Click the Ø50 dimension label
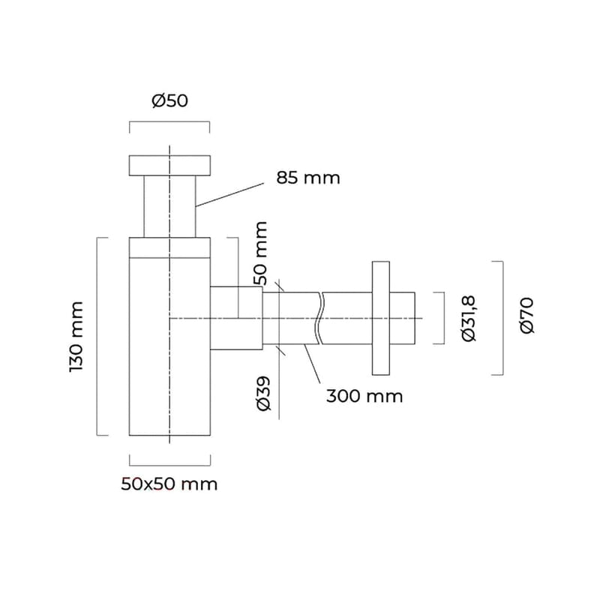pos(169,101)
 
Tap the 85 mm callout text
pos(307,178)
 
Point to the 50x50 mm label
pos(169,484)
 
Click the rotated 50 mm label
pos(259,253)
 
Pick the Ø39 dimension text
pos(263,394)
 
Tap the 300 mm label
pos(364,396)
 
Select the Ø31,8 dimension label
pos(469,319)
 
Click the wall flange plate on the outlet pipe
pos(380,318)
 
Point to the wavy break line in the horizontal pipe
pos(320,318)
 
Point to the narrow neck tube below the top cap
pos(170,206)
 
